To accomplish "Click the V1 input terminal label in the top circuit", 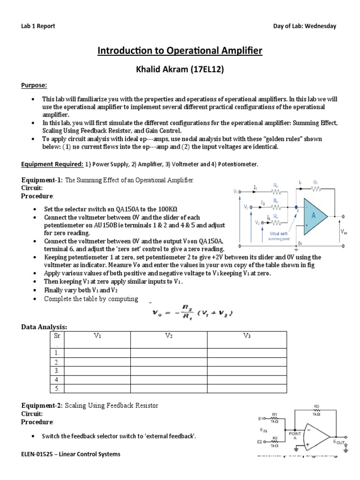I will [x=235, y=191].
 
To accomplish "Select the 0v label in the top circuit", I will [x=300, y=244].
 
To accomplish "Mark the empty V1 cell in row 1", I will [x=98, y=353].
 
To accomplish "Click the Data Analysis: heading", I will [x=44, y=326].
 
